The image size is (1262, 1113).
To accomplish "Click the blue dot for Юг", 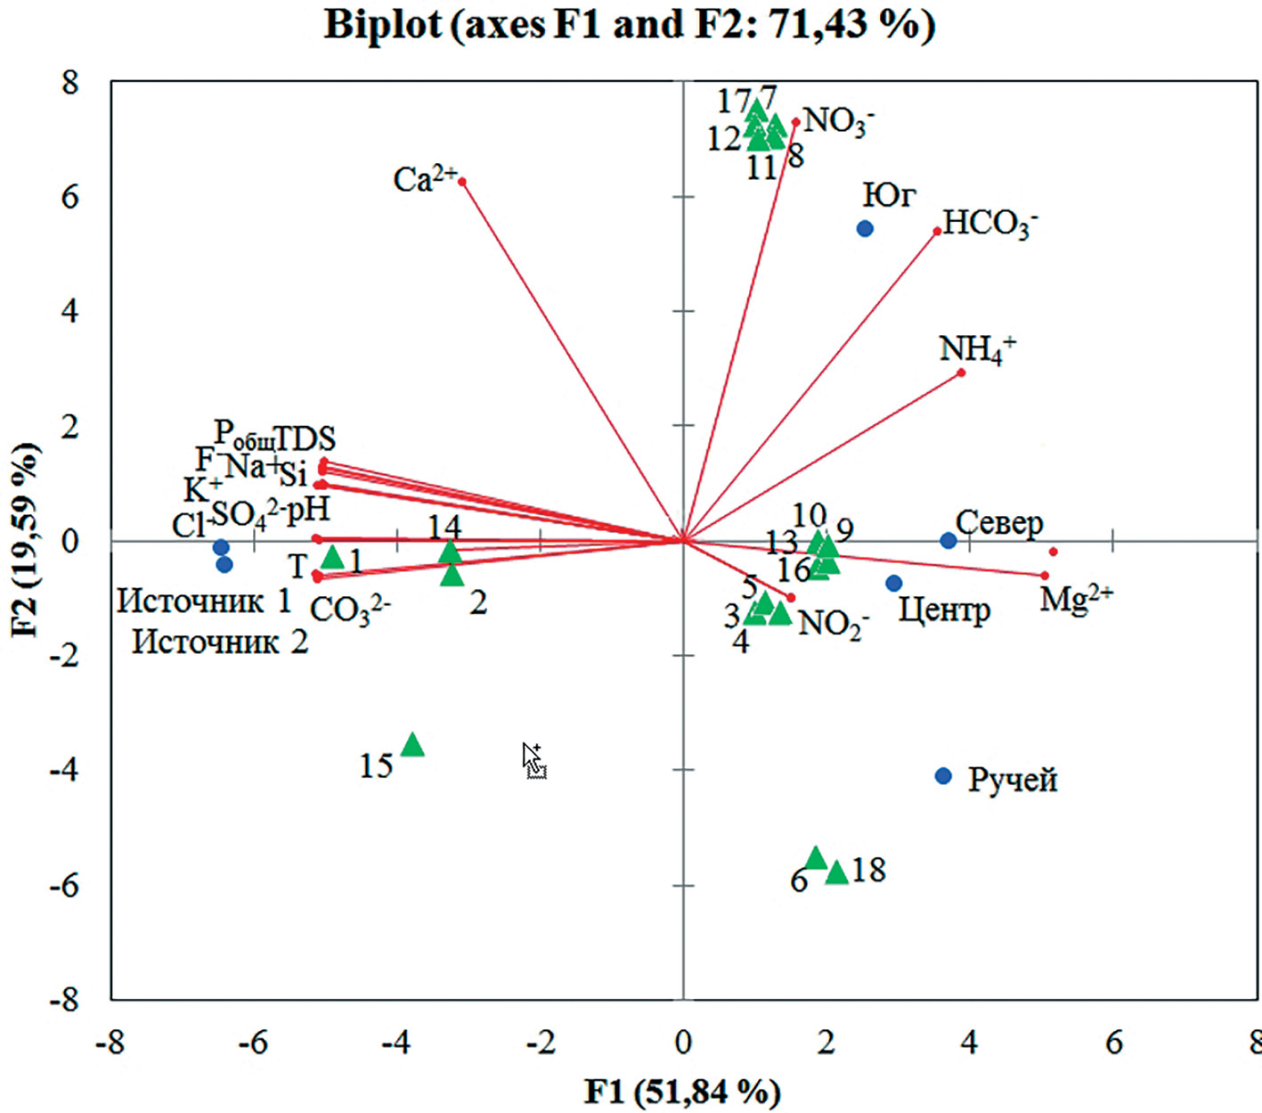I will coord(865,229).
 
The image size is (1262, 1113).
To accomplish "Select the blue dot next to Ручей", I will coord(944,776).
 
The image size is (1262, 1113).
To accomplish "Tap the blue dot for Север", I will coord(949,541).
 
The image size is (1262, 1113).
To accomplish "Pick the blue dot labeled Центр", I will coord(894,583).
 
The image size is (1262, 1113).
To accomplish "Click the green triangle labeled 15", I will coord(412,745).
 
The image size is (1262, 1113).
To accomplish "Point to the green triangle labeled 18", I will coord(837,872).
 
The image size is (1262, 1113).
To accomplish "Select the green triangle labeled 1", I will coord(332,558).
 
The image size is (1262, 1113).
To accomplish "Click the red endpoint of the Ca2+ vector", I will coord(462,181).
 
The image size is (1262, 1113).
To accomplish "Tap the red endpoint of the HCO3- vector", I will coord(937,232).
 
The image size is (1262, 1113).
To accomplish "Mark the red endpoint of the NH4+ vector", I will coord(961,372).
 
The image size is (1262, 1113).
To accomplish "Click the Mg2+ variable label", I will coord(1076,599).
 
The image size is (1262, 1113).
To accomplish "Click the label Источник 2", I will coord(220,642).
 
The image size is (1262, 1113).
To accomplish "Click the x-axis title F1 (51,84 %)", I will coord(682,1091).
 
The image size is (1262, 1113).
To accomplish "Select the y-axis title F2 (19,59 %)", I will coord(26,540).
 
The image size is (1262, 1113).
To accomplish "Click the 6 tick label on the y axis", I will coord(69,197).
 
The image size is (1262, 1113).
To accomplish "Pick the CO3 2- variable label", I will coord(350,611).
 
